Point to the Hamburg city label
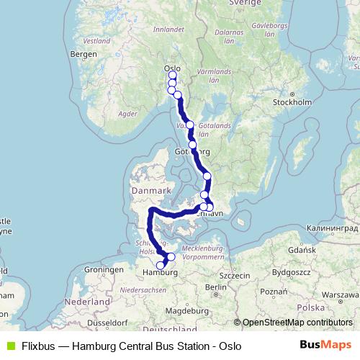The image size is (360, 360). tap(161, 274)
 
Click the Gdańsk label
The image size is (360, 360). tap(302, 250)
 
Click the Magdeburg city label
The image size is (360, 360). tap(181, 310)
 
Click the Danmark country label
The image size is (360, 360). tap(149, 190)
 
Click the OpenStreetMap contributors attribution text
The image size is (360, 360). tap(294, 323)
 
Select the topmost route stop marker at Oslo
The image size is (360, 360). tap(172, 75)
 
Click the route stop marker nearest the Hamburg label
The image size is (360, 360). tap(161, 266)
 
